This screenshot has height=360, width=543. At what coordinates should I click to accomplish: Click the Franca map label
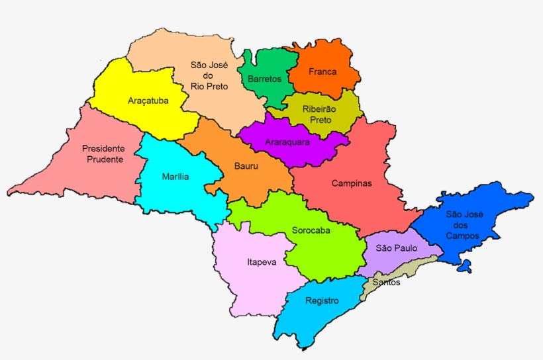(322, 71)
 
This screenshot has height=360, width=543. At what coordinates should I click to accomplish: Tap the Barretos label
(264, 79)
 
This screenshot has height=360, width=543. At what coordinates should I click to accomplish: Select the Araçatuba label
(148, 101)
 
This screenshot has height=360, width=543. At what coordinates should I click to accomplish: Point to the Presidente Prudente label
(103, 154)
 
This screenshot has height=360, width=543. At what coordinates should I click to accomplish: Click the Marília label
(175, 177)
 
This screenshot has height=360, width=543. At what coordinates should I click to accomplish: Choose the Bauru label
(246, 166)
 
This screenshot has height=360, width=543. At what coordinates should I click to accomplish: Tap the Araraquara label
(287, 142)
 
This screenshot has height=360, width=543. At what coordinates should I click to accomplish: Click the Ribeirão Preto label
(319, 114)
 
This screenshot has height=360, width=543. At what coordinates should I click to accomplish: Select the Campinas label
(352, 183)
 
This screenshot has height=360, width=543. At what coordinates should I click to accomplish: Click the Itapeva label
(262, 261)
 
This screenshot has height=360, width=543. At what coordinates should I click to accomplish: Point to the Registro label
(322, 300)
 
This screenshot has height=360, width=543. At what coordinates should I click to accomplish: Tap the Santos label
(386, 283)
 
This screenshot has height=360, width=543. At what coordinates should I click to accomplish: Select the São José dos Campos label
(464, 224)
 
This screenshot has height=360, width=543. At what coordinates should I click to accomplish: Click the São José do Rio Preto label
(209, 75)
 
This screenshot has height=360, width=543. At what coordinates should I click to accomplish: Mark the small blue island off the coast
(466, 266)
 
